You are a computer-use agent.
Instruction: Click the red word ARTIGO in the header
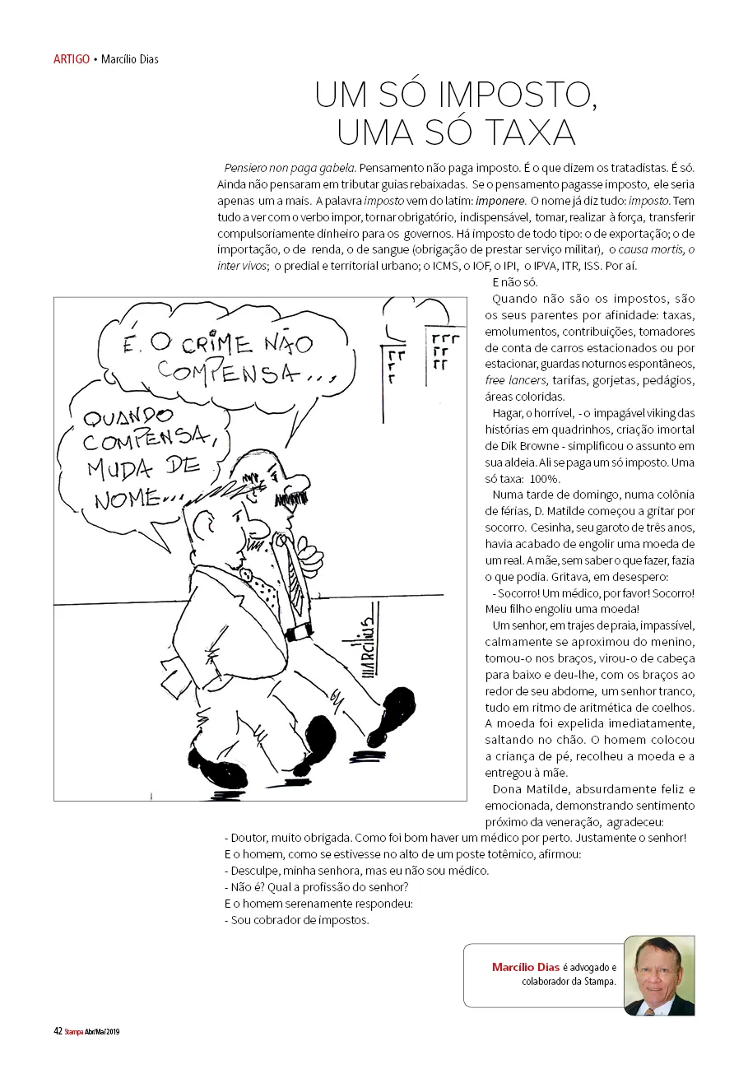[71, 59]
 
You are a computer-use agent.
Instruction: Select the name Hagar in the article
[508, 413]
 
